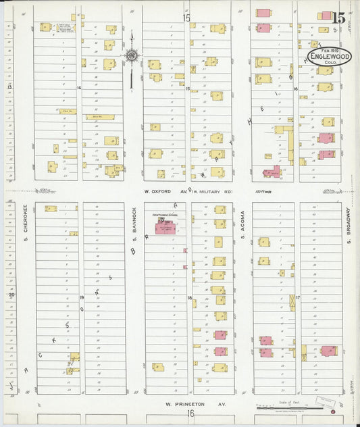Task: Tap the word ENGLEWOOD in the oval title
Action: tap(329, 57)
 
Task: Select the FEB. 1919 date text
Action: tap(330, 50)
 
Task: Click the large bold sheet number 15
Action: tap(338, 18)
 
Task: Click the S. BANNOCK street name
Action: tap(133, 219)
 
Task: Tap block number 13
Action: tap(9, 87)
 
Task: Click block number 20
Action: tap(11, 295)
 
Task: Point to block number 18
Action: tap(190, 297)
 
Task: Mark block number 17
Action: tap(297, 297)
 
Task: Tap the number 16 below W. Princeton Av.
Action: tap(190, 413)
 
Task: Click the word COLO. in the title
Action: tap(330, 64)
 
